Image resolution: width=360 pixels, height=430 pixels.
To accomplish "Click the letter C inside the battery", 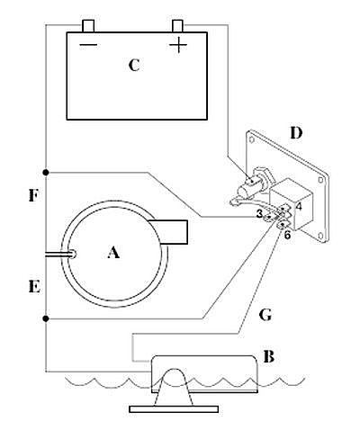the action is [134, 65].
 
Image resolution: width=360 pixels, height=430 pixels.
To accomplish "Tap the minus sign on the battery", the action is [88, 45].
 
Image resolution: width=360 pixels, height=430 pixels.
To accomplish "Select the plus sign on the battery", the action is [178, 45].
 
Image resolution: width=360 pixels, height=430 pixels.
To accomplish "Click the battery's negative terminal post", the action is [88, 26].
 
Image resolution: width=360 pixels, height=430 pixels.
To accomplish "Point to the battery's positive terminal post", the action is [177, 26].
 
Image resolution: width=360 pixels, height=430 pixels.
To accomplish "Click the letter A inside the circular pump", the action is [113, 252].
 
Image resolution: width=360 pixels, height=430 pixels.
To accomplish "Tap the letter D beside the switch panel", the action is [296, 133].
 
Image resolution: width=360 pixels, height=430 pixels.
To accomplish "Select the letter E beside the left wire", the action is [34, 287].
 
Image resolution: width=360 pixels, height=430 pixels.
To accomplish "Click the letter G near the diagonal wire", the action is [265, 315].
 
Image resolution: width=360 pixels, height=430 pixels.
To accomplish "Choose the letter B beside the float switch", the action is [268, 357].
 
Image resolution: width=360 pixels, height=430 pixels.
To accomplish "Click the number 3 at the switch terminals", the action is [259, 214].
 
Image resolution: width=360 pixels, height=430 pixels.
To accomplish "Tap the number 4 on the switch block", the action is [299, 207].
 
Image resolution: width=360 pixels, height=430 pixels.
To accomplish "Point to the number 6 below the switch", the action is [287, 235].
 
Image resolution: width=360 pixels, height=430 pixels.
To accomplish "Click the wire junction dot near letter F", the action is [46, 173].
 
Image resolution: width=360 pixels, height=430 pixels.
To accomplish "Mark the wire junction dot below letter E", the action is [46, 318].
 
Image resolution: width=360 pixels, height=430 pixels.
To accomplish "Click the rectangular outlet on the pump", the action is [169, 232].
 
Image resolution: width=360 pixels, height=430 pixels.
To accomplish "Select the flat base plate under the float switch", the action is [174, 409].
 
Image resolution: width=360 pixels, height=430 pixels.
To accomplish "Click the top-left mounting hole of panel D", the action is [252, 139].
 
